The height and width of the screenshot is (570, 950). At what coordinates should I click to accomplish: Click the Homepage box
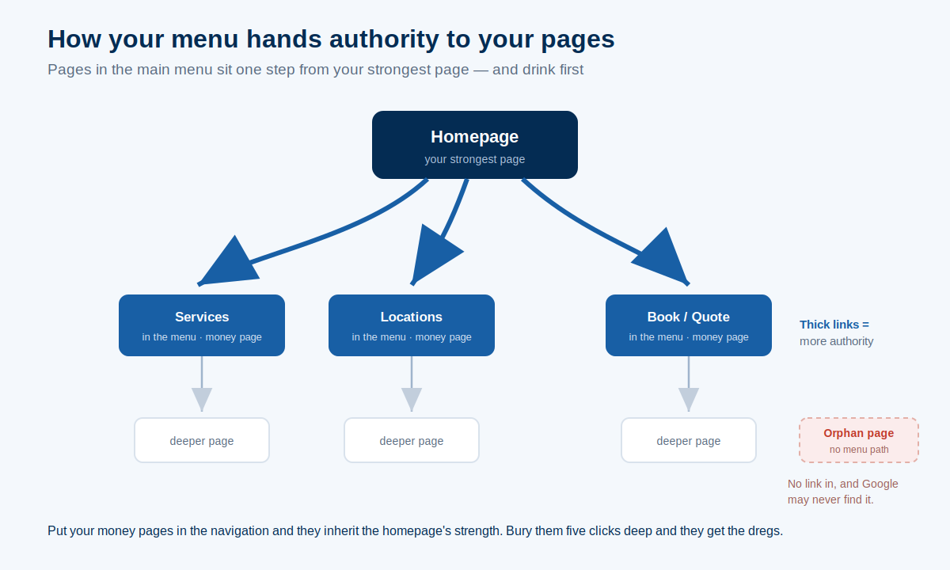coord(474,145)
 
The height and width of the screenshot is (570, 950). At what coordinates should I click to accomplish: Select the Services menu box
coord(201,325)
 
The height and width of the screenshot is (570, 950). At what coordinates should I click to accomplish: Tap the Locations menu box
coord(412,325)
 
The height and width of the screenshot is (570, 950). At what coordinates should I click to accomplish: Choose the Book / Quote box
coord(688,325)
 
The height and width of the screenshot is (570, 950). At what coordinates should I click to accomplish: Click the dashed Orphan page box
coord(859,440)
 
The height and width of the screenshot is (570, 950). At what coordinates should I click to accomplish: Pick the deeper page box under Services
coord(201,440)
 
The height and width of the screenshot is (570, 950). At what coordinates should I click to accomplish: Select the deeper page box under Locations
coord(412,440)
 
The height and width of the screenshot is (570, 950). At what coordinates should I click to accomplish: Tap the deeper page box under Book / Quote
coord(688,440)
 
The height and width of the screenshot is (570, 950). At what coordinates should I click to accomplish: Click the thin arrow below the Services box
coord(201,383)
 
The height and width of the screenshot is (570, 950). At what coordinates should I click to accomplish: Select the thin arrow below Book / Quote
coord(688,383)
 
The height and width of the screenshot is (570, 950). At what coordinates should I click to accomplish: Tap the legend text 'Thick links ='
coord(834,325)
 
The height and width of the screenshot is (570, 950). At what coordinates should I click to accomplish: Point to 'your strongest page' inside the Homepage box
coord(474,159)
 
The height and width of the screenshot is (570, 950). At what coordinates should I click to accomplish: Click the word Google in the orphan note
coord(880,484)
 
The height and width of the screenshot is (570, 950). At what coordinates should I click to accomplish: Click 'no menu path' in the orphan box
coord(859,450)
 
